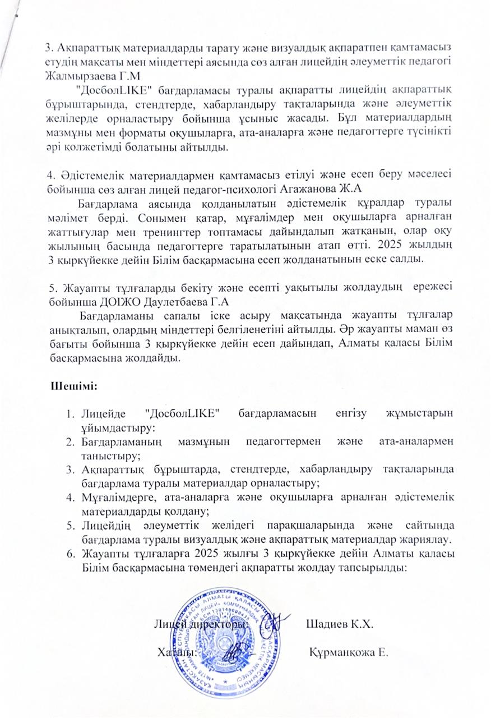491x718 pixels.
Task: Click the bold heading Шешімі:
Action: click(75, 386)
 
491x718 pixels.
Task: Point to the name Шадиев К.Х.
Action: click(340, 624)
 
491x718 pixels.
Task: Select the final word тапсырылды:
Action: click(377, 568)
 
